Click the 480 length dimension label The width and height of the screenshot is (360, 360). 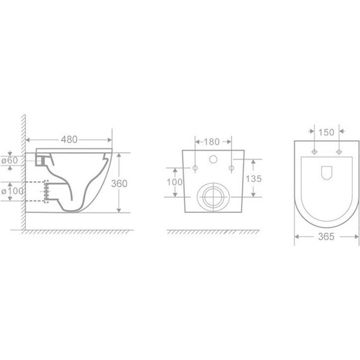click(69, 140)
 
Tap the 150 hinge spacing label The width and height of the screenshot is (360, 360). click(327, 133)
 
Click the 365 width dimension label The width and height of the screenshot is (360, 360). click(326, 237)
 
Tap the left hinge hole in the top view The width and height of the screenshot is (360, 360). click(314, 152)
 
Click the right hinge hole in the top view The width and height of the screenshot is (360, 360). click(339, 152)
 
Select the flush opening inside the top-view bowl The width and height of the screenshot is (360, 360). click(327, 172)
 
